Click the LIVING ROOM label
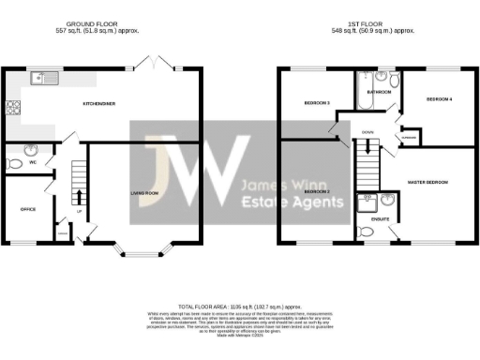pos(144,193)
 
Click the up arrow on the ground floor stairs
pos(78,199)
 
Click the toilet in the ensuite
pos(367,231)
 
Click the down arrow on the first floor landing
pos(368,145)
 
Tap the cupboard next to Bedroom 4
pos(409,138)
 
